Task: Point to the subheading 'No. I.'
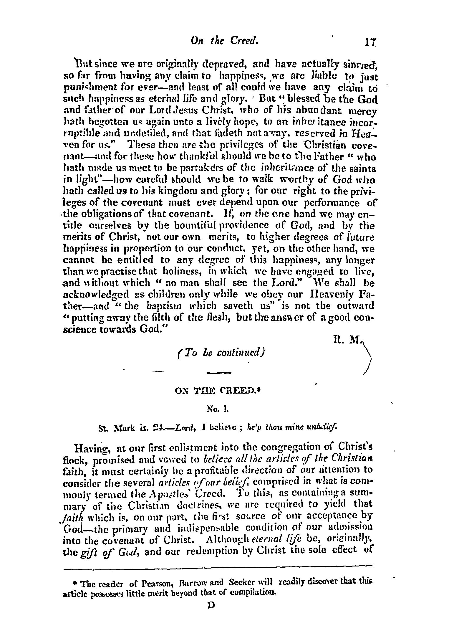[218, 409]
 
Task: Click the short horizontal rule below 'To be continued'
[218, 373]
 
